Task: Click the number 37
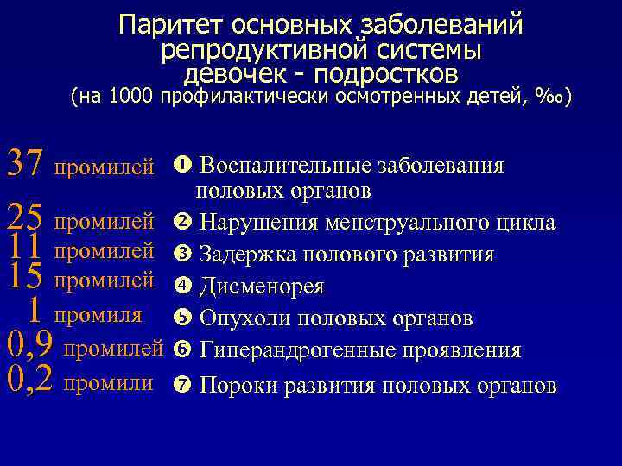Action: click(24, 163)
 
